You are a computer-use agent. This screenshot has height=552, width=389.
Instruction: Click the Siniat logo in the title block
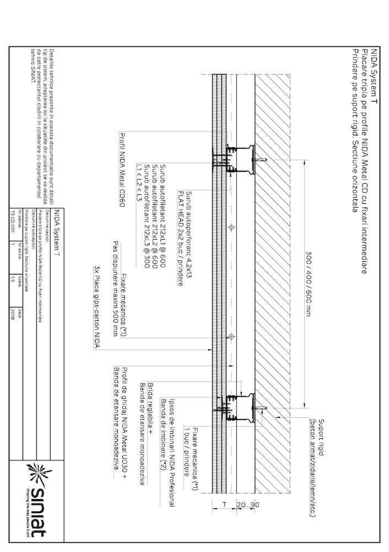coord(39,500)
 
